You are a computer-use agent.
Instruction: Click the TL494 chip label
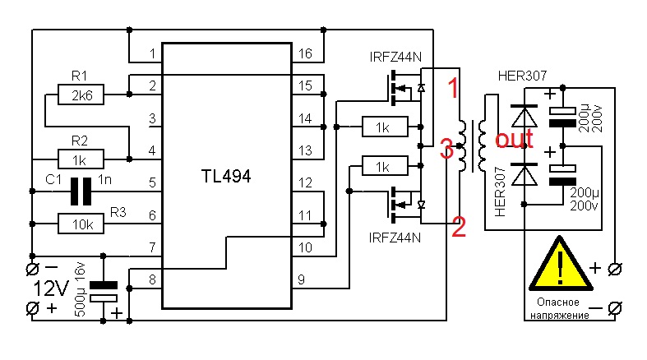click(x=226, y=176)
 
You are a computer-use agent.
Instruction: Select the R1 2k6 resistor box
click(x=81, y=95)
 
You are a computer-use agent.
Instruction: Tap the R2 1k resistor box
click(x=81, y=159)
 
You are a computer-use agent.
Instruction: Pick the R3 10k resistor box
click(x=81, y=224)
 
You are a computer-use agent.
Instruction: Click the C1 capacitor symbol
click(x=81, y=192)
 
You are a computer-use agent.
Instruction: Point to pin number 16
click(x=305, y=53)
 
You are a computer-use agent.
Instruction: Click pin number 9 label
click(x=302, y=279)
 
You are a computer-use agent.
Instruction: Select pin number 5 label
click(x=153, y=182)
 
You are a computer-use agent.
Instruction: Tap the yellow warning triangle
click(x=561, y=264)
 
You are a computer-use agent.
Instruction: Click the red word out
click(x=514, y=139)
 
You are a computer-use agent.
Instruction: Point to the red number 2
click(x=459, y=226)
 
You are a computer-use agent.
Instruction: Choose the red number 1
click(x=453, y=88)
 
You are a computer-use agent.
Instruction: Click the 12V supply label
click(x=50, y=288)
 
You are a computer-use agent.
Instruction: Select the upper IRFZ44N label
click(x=395, y=57)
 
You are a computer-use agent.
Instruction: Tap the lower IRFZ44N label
click(x=395, y=238)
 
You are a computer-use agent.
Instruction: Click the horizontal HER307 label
click(x=522, y=76)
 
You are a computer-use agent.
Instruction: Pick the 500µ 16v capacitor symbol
click(x=103, y=292)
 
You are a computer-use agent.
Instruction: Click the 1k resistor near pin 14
click(x=385, y=127)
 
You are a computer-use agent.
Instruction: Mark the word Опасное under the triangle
click(x=558, y=302)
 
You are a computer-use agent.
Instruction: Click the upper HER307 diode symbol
click(x=524, y=116)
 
